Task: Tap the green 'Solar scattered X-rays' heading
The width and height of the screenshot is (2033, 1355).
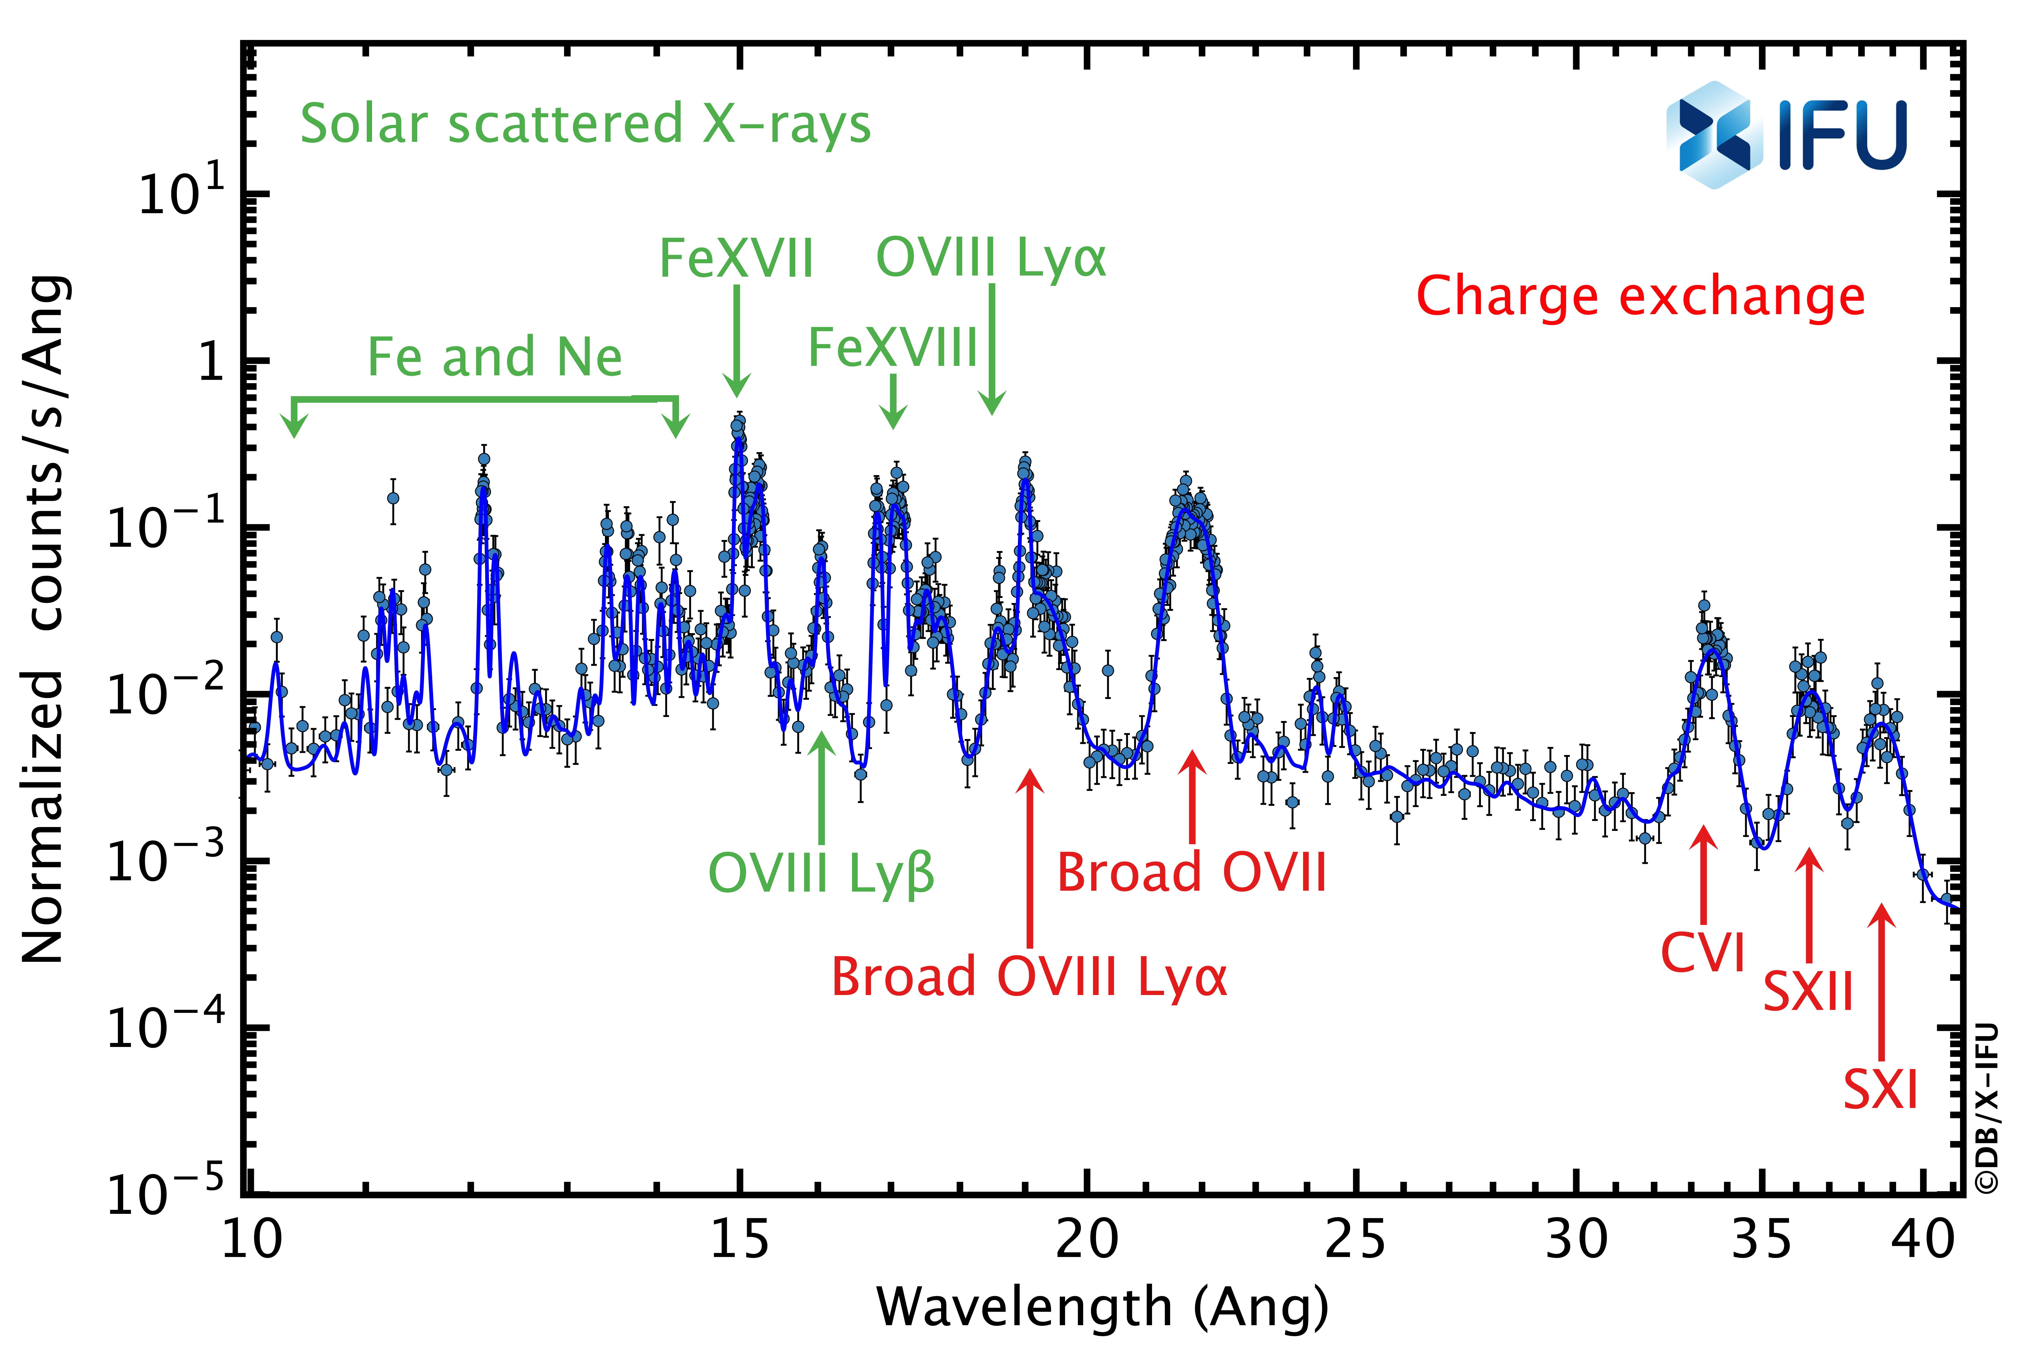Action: click(585, 124)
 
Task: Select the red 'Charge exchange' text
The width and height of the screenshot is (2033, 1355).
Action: click(1640, 296)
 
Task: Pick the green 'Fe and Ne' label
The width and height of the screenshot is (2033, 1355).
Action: click(494, 357)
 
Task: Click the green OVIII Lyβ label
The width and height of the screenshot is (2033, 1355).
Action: click(821, 873)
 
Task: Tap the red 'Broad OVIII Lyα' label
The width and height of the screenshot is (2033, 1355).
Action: click(1029, 977)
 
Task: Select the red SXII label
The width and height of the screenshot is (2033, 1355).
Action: click(1807, 991)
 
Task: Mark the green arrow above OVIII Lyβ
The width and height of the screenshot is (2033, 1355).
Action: click(821, 786)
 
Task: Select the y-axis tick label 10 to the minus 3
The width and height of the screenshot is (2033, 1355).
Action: click(164, 862)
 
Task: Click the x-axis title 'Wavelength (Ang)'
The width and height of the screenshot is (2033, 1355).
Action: click(1102, 1307)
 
